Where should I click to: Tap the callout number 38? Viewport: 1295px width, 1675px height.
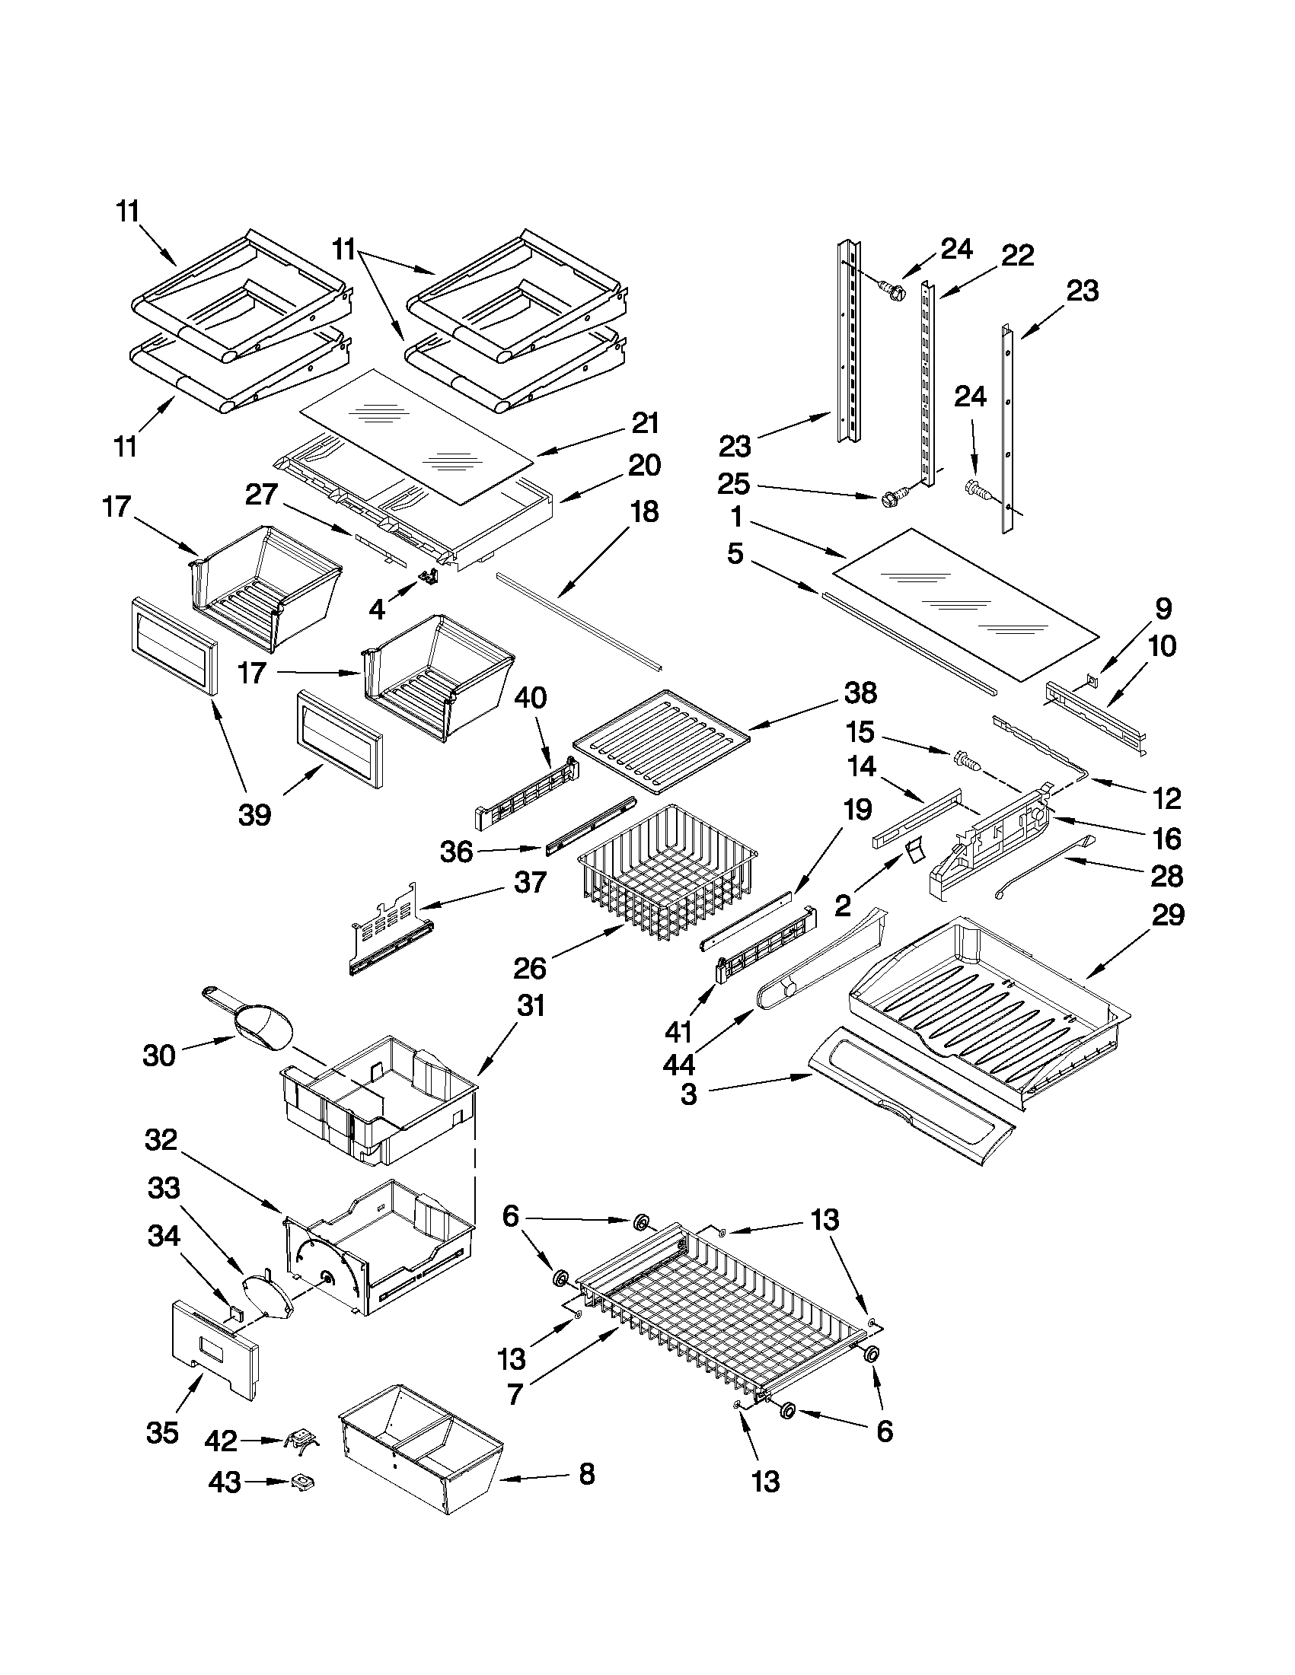pos(860,693)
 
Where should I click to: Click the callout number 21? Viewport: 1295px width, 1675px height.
pos(645,423)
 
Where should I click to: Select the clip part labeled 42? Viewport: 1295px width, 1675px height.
pos(301,1441)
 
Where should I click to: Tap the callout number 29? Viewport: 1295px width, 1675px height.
pos(1168,915)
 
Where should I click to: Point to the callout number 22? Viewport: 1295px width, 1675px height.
pos(1017,256)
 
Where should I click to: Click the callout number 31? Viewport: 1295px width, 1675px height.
pos(530,1005)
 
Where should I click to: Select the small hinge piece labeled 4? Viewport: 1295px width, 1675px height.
pos(428,576)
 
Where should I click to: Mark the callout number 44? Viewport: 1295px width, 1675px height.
pos(680,1065)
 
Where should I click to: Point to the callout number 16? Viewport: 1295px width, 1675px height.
pos(1167,839)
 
